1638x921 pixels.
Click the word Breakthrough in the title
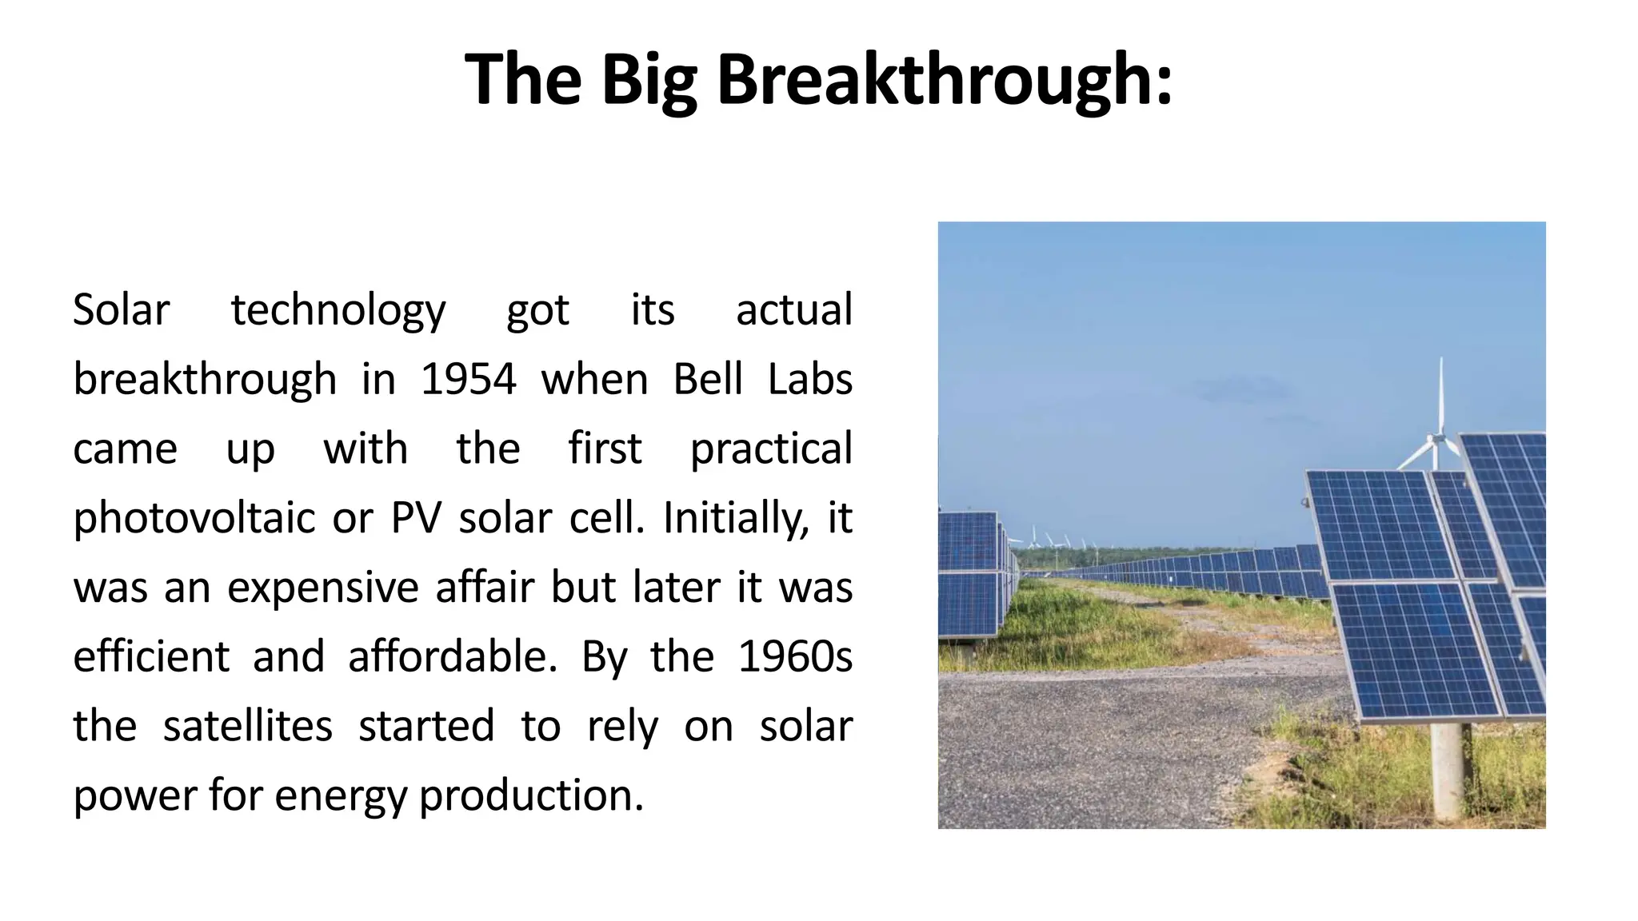pos(944,80)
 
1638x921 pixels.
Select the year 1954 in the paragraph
pos(468,379)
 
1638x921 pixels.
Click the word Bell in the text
pos(708,379)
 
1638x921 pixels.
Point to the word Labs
pos(809,379)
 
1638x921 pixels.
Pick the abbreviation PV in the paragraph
pos(416,518)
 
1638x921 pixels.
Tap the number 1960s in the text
pos(794,657)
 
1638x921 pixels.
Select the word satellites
pos(247,727)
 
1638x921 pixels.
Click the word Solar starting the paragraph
pos(121,310)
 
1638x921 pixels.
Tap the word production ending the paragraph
pos(531,796)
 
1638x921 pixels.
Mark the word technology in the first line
pos(338,310)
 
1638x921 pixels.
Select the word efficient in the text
pos(151,657)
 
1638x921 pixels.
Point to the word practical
pos(771,449)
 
